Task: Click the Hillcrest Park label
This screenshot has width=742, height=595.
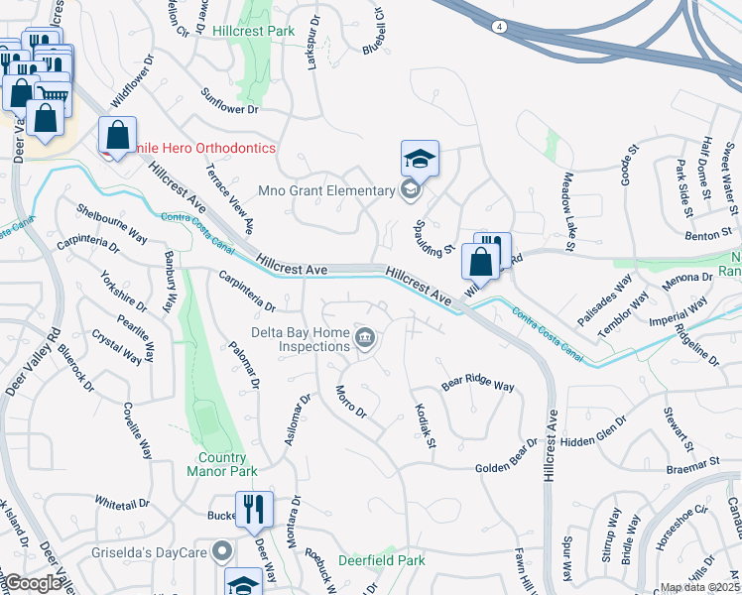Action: coord(254,31)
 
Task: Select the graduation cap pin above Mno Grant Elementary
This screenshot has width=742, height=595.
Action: coord(420,158)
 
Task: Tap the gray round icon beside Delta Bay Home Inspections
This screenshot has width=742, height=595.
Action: coord(365,340)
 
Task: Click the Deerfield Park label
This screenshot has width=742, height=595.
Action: coord(382,560)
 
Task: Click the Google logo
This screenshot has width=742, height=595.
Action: coord(32,583)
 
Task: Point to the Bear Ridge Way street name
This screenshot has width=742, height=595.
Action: coord(477,384)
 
